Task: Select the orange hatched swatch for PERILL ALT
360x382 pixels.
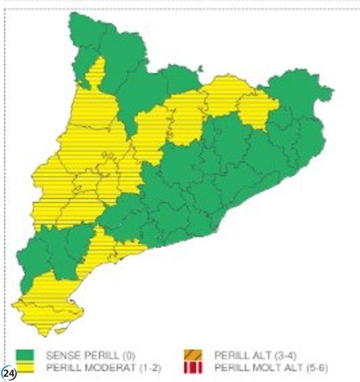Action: (x=193, y=355)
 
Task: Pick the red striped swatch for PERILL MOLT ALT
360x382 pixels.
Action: (x=193, y=367)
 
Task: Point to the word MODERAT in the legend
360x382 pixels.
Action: (x=103, y=368)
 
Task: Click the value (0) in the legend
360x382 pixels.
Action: (x=128, y=355)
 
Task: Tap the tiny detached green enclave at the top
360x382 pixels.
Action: (x=200, y=68)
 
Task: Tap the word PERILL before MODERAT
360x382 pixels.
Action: (x=61, y=368)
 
